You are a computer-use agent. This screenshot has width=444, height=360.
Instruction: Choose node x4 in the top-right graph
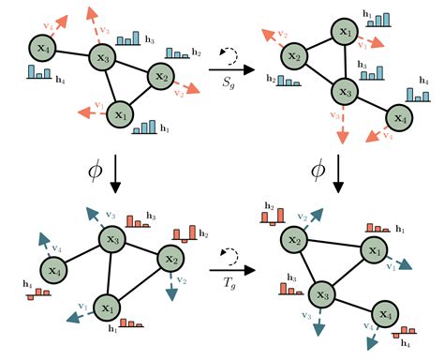pyautogui.click(x=399, y=119)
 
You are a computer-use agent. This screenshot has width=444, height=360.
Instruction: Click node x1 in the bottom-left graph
pyautogui.click(x=108, y=307)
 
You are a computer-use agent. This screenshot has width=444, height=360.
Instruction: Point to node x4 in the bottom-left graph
pyautogui.click(x=54, y=269)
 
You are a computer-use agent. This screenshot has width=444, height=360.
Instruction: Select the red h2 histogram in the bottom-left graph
pyautogui.click(x=185, y=231)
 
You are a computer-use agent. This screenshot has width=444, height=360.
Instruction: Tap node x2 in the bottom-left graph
pyautogui.click(x=171, y=259)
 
